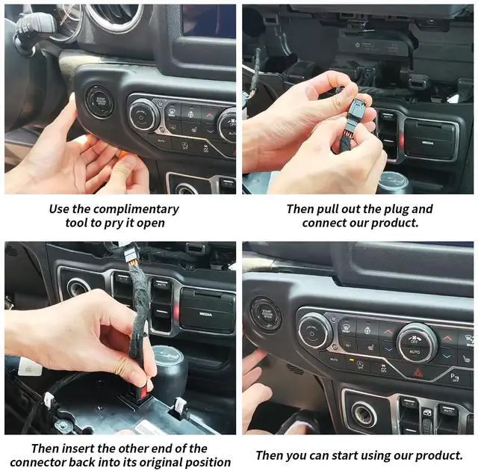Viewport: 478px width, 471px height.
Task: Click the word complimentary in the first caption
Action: point(136,209)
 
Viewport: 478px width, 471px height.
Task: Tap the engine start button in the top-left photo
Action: point(100,101)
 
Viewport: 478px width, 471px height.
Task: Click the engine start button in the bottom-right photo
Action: point(266,315)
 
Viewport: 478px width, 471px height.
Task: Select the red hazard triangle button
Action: point(418,372)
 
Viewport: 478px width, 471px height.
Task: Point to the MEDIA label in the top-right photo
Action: point(427,143)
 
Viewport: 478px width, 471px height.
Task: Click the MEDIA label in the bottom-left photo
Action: point(206,314)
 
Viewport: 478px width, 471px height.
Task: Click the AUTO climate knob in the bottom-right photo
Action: point(417,342)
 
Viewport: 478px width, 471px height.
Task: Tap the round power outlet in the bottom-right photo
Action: point(364,414)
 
